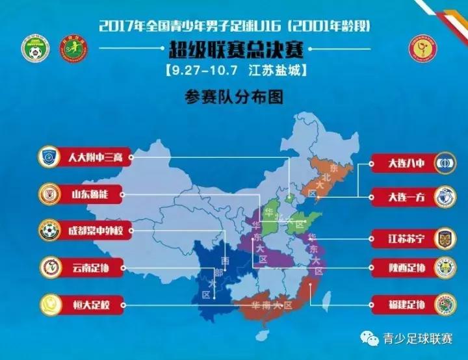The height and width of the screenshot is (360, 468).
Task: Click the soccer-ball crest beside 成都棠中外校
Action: [x=49, y=229]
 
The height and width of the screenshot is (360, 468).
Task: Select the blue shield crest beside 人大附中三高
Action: [x=49, y=157]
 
